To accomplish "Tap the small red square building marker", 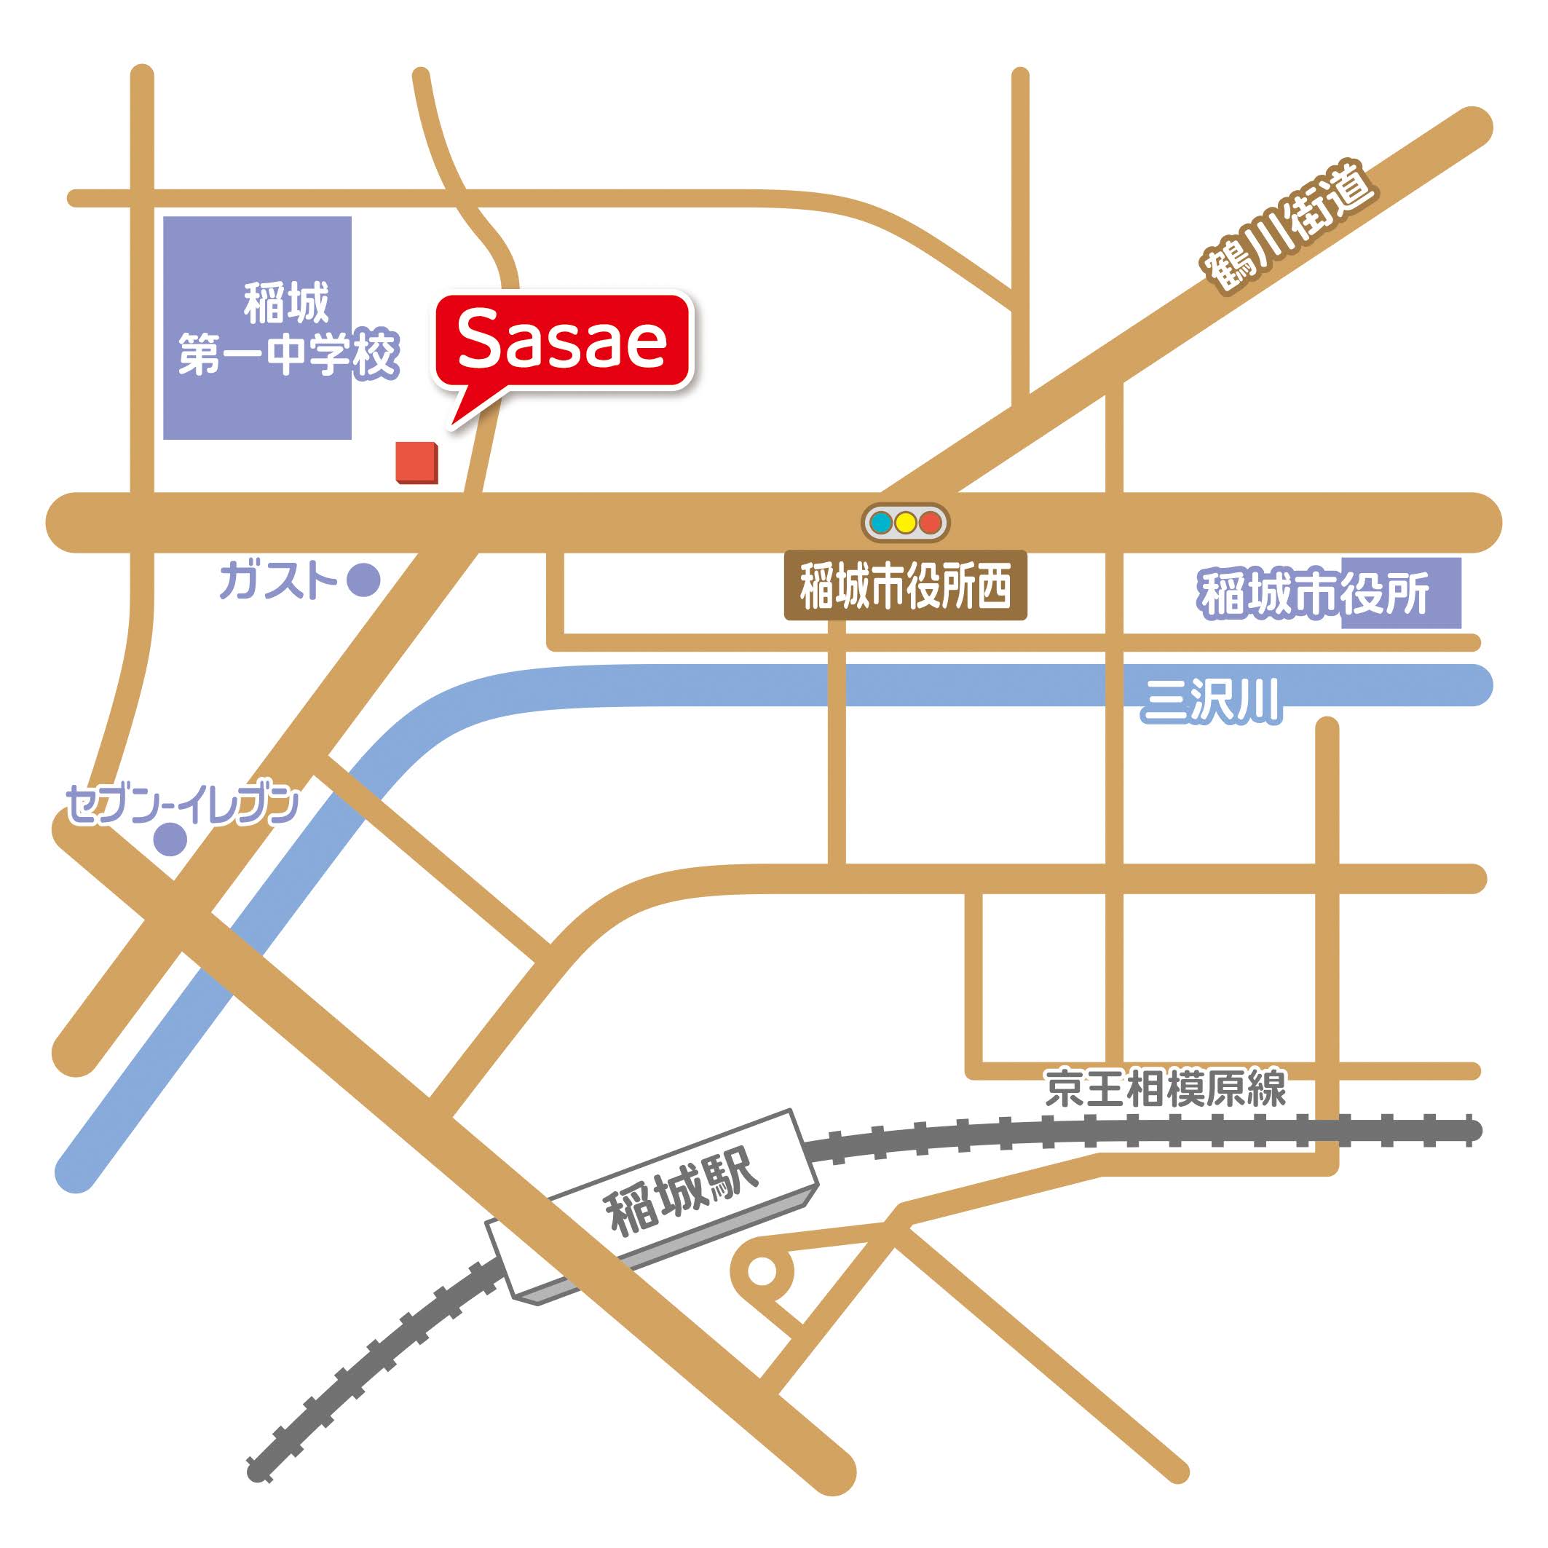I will pyautogui.click(x=416, y=462).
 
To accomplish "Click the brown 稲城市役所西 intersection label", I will pyautogui.click(x=904, y=585).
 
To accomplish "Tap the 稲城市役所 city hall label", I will pyautogui.click(x=1314, y=593).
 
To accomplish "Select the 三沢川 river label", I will pyautogui.click(x=1211, y=702).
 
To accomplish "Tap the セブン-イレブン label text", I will pyautogui.click(x=182, y=805).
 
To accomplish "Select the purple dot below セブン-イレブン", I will pyautogui.click(x=170, y=839).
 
